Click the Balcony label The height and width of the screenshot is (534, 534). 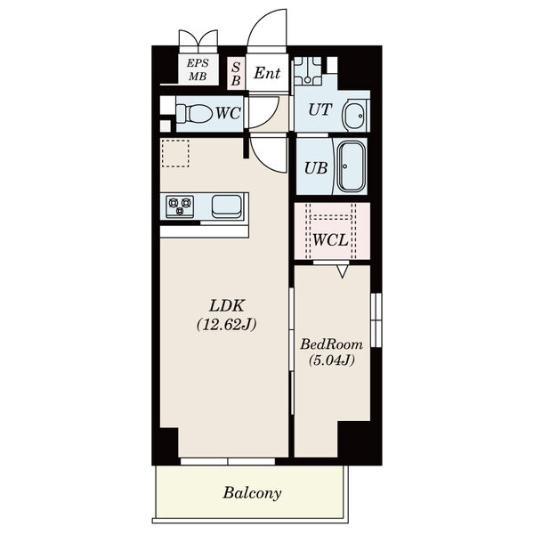click(252, 493)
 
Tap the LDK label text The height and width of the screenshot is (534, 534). click(226, 305)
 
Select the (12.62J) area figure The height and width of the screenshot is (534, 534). click(226, 325)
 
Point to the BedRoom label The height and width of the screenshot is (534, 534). click(331, 344)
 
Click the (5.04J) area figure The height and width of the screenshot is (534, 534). click(331, 360)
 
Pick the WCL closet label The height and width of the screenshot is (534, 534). click(330, 240)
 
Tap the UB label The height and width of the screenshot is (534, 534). click(316, 168)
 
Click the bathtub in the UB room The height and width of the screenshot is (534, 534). click(352, 167)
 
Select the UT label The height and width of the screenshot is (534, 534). click(320, 109)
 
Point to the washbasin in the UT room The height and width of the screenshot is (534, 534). click(354, 115)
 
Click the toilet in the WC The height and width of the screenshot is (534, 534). click(194, 113)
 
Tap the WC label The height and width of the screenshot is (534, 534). click(229, 113)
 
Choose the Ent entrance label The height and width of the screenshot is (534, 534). click(267, 73)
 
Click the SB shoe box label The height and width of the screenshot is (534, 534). click(236, 74)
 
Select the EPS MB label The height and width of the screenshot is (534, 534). click(198, 69)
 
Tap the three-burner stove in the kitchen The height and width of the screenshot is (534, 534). click(180, 206)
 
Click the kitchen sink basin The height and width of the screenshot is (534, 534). click(226, 206)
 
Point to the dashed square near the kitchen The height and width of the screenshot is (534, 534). click(175, 153)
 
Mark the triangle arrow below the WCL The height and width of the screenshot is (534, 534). click(343, 271)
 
